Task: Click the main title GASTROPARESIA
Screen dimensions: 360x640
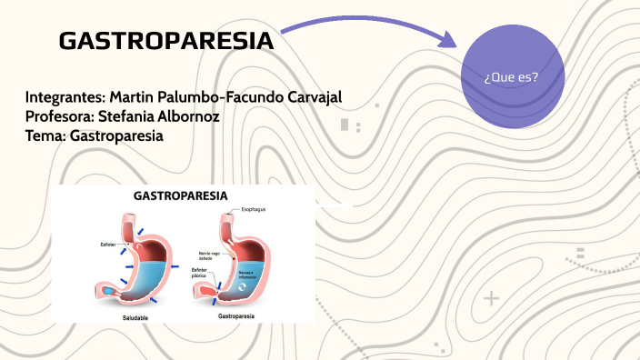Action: [x=165, y=42]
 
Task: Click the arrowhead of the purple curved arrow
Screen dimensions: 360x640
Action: [x=445, y=40]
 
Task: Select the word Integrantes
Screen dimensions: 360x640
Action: [x=65, y=97]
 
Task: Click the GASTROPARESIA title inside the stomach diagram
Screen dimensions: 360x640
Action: [x=181, y=195]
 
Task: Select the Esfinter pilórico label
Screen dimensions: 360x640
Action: [x=199, y=273]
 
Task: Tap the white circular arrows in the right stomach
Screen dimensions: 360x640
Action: [x=242, y=285]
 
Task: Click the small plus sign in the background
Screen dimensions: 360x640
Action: [x=492, y=298]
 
